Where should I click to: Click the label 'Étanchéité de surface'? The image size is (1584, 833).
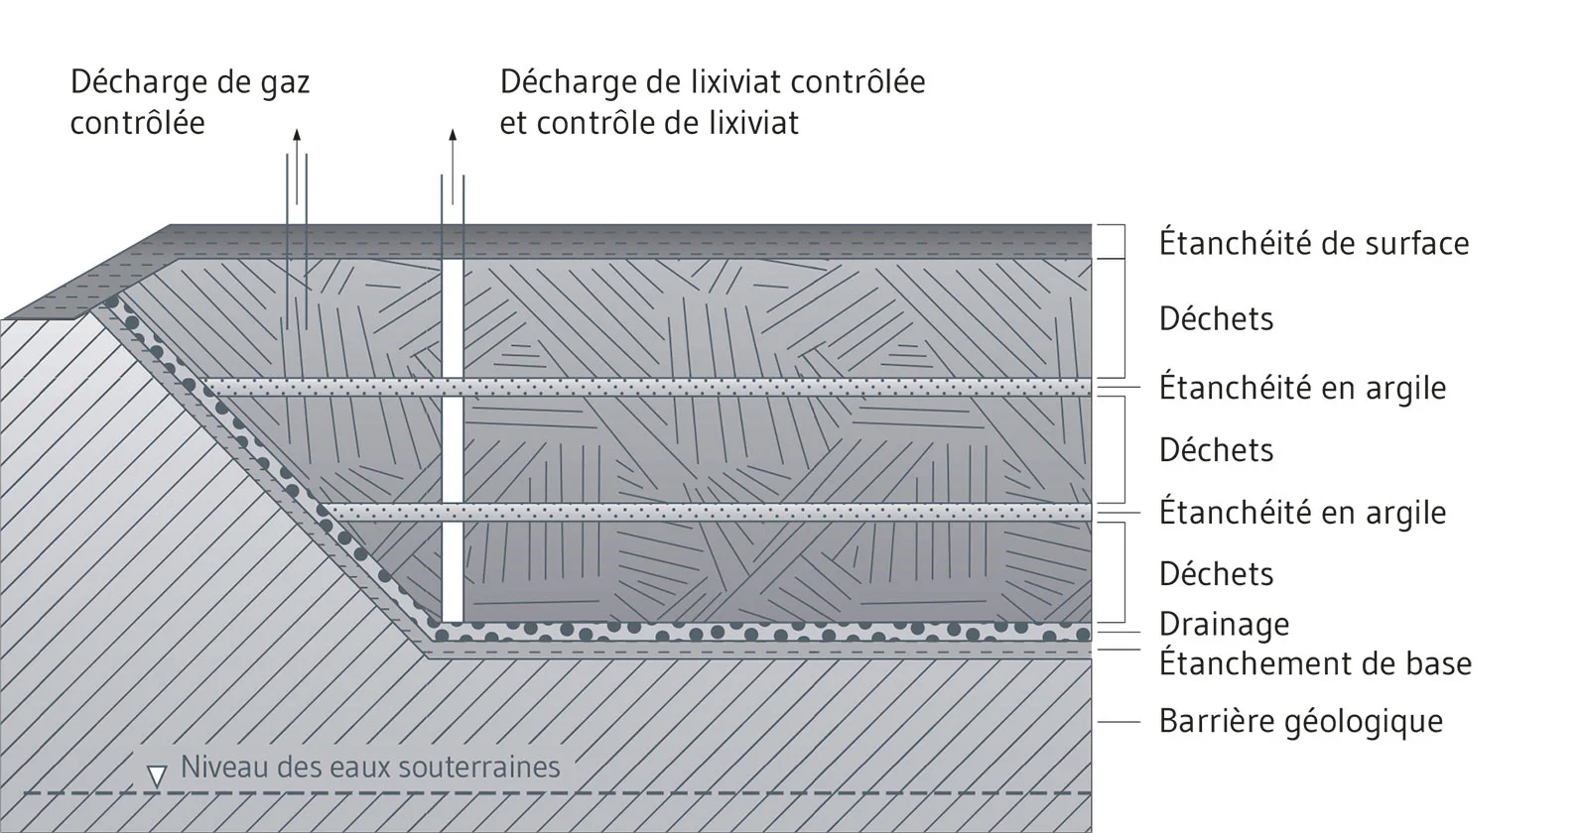(1314, 242)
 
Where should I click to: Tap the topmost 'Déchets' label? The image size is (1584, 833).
(1217, 318)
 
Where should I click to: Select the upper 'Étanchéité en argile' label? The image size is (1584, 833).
(1302, 388)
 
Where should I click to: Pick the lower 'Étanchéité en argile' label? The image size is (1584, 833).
(1302, 513)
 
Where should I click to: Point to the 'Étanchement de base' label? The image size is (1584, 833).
(1315, 662)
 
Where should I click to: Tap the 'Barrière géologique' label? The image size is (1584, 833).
(1301, 722)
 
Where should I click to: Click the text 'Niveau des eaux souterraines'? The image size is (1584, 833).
(370, 767)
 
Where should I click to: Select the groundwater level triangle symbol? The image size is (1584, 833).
(156, 776)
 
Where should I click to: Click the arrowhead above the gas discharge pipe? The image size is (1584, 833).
(297, 134)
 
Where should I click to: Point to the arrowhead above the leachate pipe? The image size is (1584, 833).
(453, 134)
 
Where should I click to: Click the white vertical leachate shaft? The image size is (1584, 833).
(453, 440)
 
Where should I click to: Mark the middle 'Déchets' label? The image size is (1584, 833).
(1217, 449)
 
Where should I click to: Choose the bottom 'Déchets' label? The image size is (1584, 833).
(1217, 573)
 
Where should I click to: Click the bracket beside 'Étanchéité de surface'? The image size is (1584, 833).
(1123, 242)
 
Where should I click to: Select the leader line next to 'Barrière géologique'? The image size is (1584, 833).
(1119, 722)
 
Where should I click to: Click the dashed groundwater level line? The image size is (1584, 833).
(557, 793)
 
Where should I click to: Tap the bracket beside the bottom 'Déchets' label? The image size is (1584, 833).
(1123, 572)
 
